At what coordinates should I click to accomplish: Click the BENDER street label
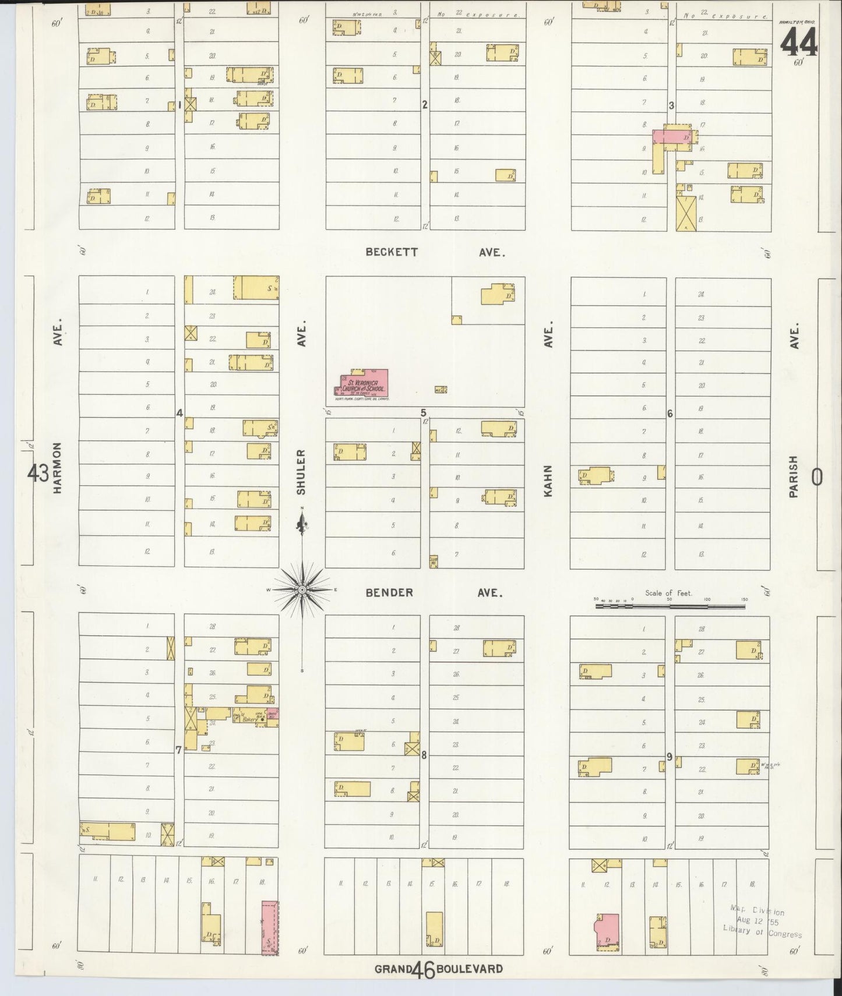tap(389, 592)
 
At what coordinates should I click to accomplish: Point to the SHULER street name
tap(301, 471)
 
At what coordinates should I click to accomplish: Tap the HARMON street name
tap(58, 468)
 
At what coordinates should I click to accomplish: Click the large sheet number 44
tap(798, 41)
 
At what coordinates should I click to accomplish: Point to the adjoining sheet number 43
tap(38, 474)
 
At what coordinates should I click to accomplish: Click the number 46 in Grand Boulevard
tap(422, 970)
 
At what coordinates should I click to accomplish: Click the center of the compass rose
tap(302, 590)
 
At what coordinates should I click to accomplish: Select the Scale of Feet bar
tap(670, 606)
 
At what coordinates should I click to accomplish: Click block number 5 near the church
tap(424, 412)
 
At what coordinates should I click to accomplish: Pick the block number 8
tap(424, 755)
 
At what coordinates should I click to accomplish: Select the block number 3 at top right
tap(671, 105)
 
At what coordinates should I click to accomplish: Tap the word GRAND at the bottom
tap(393, 970)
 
